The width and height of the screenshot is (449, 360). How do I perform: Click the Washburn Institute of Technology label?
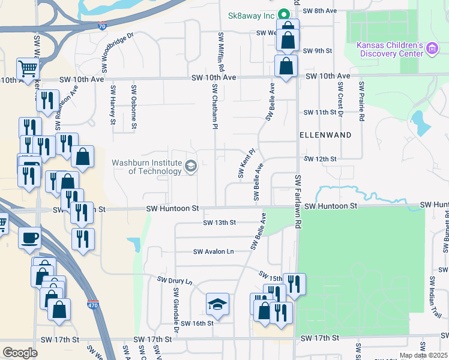click(146, 167)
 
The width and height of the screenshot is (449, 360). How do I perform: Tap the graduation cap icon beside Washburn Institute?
click(191, 166)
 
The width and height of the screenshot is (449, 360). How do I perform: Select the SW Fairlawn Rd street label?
click(297, 201)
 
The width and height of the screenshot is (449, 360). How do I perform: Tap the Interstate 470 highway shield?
click(92, 305)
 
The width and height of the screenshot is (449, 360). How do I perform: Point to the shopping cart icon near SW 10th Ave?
click(28, 70)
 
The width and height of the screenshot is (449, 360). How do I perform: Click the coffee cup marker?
click(29, 238)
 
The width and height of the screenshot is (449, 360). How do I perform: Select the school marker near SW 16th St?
click(217, 305)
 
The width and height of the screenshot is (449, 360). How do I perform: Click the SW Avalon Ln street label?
click(213, 252)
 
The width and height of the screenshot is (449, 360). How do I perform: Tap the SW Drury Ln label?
click(175, 281)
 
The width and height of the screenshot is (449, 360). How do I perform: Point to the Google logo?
click(20, 353)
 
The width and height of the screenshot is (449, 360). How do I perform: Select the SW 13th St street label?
click(219, 223)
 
